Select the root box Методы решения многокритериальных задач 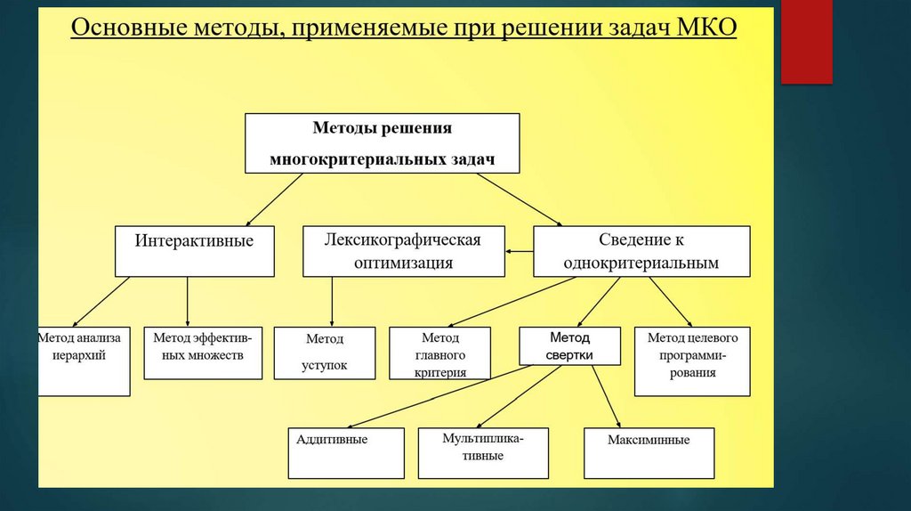click(382, 142)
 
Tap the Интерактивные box click(194, 251)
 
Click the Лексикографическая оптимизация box click(403, 251)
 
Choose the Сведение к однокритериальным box click(641, 251)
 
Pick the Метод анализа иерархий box click(85, 361)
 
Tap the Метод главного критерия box click(439, 353)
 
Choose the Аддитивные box click(345, 453)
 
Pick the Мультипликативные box click(483, 453)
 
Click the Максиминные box click(649, 453)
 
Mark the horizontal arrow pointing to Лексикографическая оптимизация click(519, 252)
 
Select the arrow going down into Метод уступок click(332, 302)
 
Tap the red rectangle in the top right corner click(806, 41)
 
